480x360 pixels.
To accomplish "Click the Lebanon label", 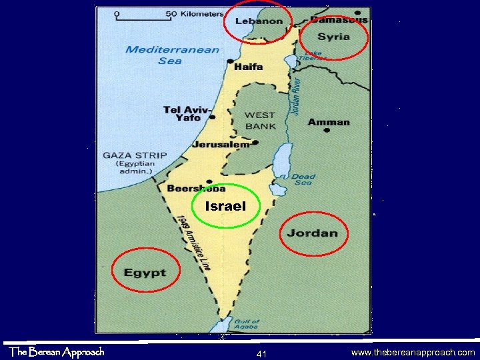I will [x=259, y=21].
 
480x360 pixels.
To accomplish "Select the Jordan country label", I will [x=313, y=233].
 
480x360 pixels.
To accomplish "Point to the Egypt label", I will [x=144, y=273].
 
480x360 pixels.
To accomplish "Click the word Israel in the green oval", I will [x=225, y=207].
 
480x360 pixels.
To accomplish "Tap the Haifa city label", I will [x=248, y=67].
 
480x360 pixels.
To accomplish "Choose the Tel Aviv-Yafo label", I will [x=188, y=113].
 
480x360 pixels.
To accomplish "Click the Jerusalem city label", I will [x=221, y=144].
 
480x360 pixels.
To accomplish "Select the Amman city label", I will [x=329, y=122].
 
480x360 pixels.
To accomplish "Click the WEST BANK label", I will [x=260, y=121].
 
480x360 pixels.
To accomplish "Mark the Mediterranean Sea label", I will [x=172, y=55].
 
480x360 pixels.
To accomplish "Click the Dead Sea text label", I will [x=303, y=180].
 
